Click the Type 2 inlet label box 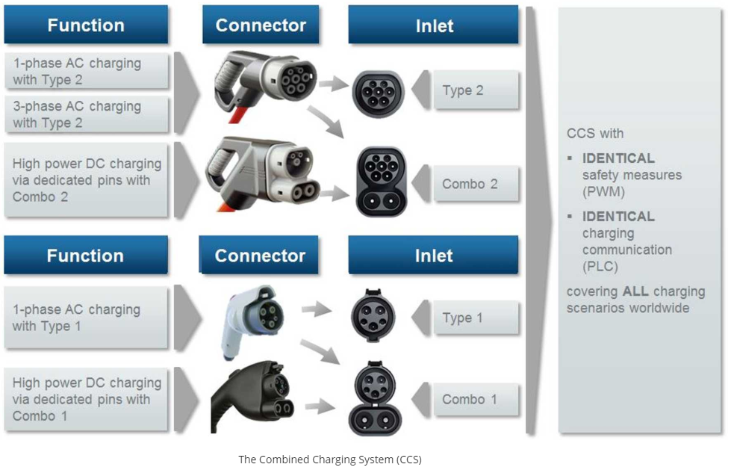point(476,90)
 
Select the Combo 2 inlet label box point(476,184)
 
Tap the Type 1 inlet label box point(476,318)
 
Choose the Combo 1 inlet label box point(476,399)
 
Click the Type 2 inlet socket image point(378,93)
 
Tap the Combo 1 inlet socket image point(374,397)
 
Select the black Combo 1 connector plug point(250,396)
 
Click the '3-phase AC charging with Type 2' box point(87,114)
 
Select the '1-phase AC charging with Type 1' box point(87,318)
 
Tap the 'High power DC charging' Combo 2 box point(87,180)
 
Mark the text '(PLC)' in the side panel point(600,266)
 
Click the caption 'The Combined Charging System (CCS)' point(329,460)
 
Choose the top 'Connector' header point(261,25)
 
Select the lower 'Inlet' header point(433,256)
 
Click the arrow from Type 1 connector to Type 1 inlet point(317,309)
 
